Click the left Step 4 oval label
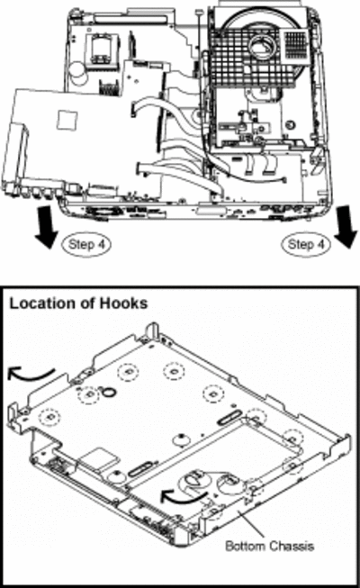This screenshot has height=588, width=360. coord(86,245)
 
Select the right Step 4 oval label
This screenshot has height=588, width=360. coord(306,245)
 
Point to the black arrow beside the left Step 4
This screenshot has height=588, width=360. coord(47,227)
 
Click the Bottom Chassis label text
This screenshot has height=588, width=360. coord(269,546)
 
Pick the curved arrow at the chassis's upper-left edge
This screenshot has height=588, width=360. coord(30,374)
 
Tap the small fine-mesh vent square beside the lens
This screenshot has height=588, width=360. coord(297,44)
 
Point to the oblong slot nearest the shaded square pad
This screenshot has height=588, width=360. coord(139,469)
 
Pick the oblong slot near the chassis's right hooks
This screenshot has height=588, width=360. coord(229,417)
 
